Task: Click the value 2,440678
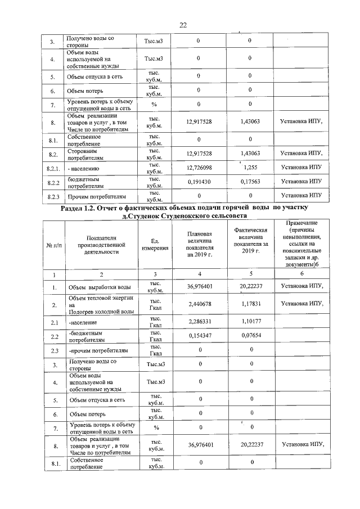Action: [x=200, y=304]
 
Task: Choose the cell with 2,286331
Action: [x=200, y=323]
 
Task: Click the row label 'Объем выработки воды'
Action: [x=96, y=287]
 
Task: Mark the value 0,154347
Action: [x=200, y=336]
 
